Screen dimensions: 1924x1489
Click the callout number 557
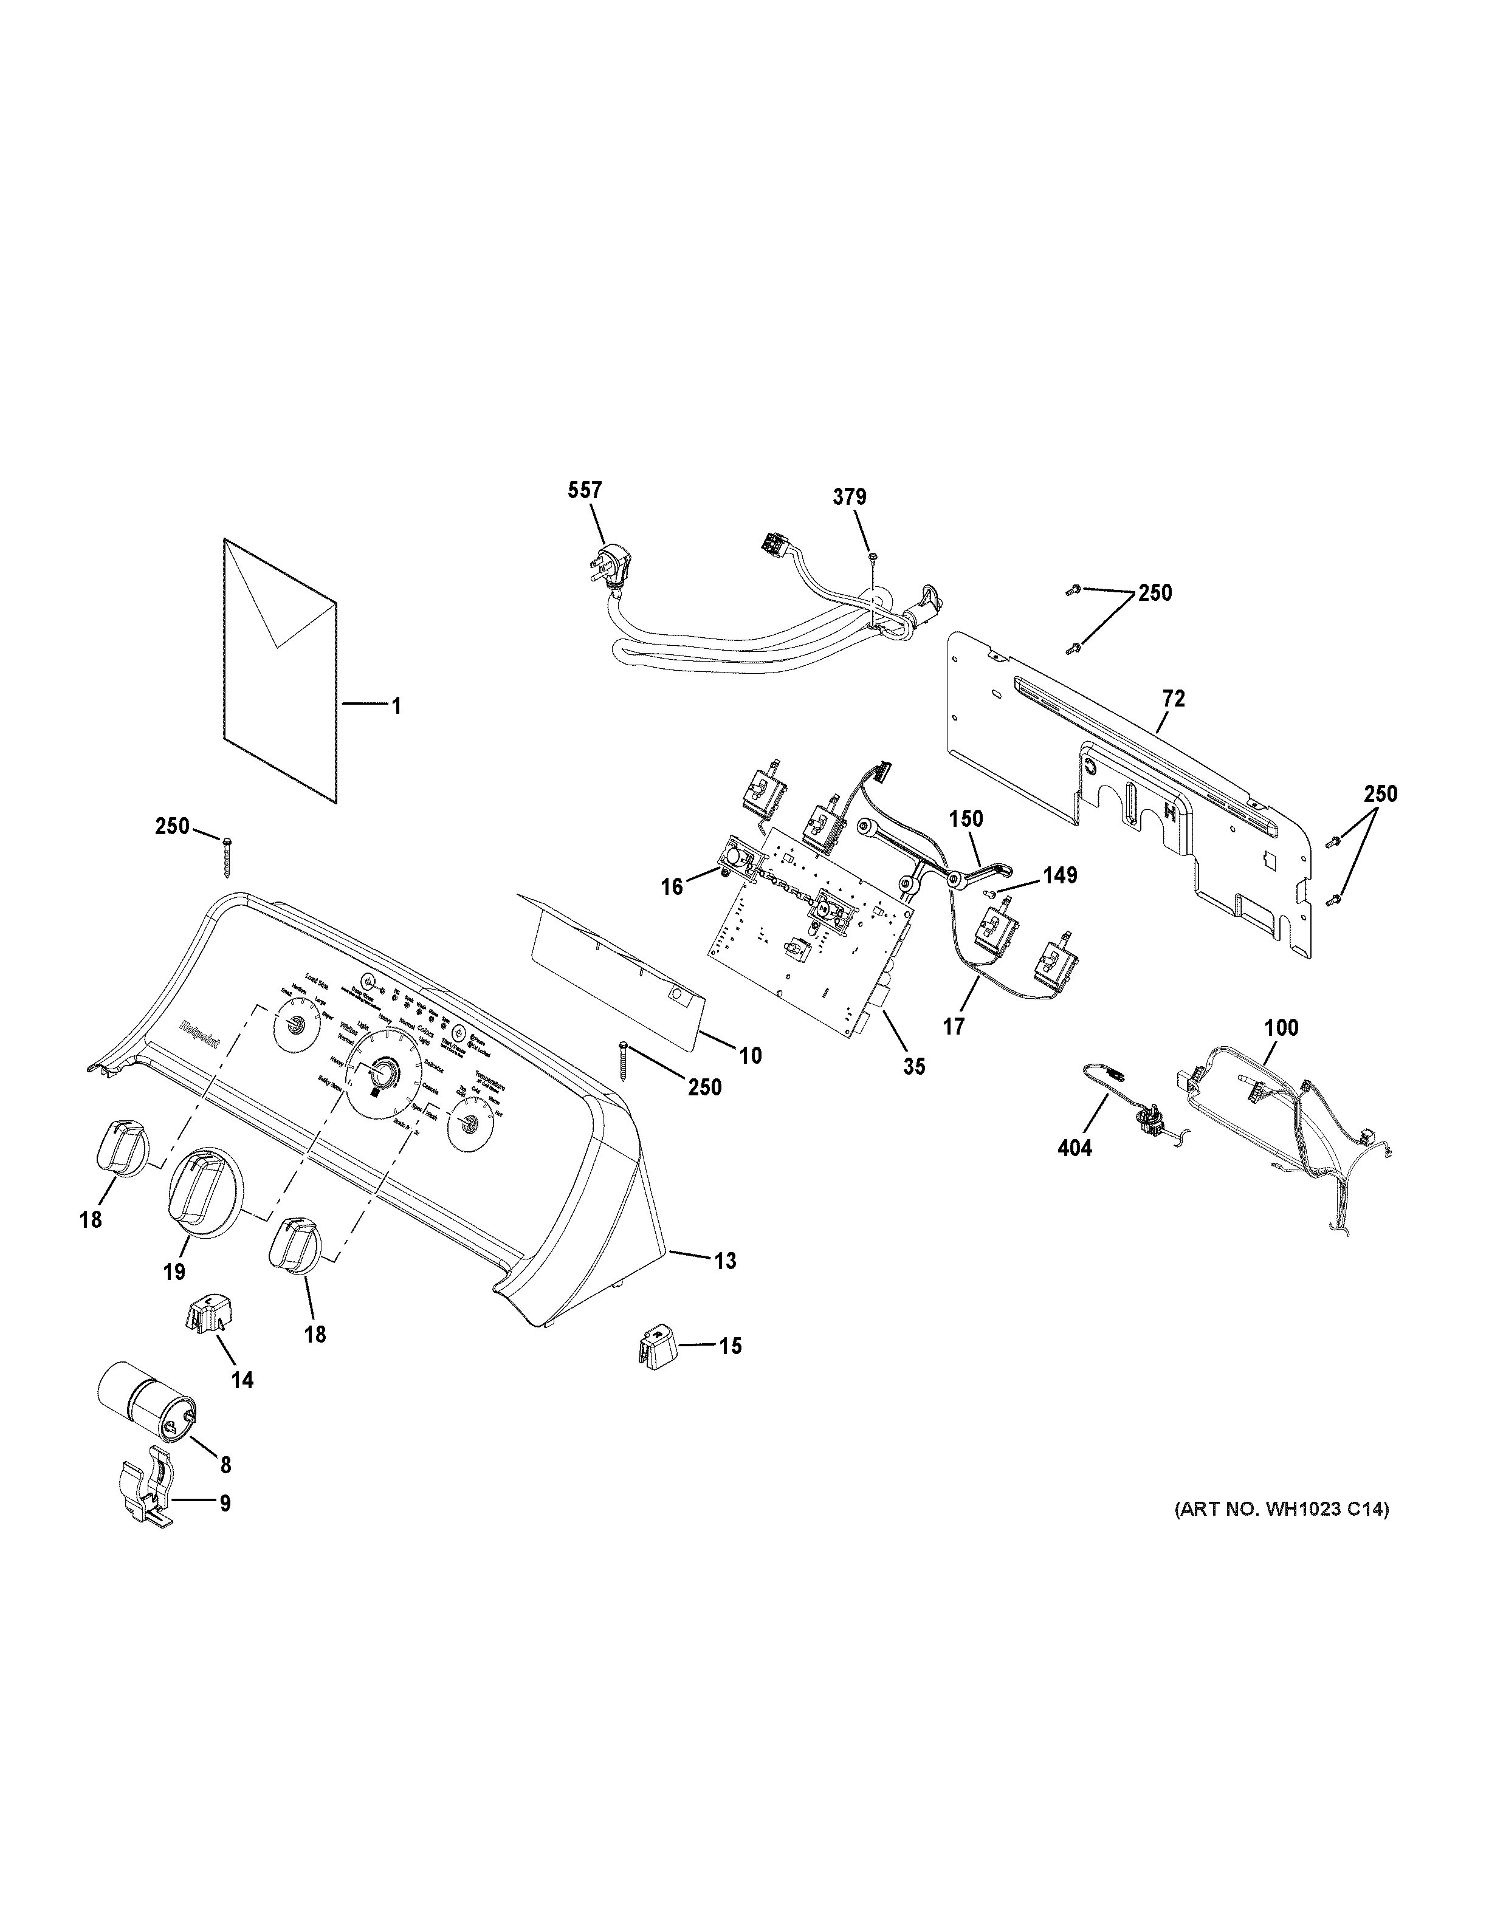click(585, 491)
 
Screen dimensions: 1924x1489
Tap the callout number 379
click(850, 497)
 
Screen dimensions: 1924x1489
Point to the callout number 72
click(1174, 699)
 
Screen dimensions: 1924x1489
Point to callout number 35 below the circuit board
click(913, 1067)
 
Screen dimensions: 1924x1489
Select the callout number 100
click(1281, 1028)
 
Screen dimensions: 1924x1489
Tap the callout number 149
click(1061, 875)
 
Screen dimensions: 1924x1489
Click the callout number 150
click(966, 818)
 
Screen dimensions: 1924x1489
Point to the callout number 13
click(725, 1262)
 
